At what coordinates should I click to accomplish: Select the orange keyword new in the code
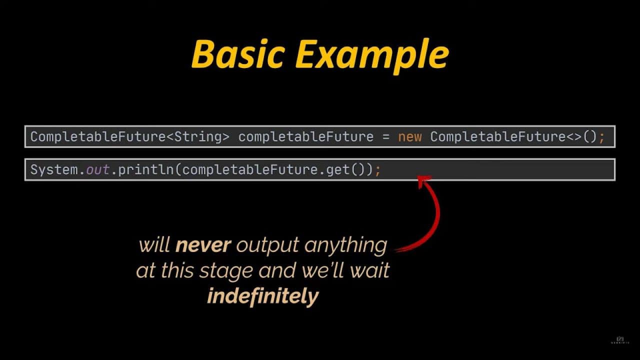[x=409, y=137]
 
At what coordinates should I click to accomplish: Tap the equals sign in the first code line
[x=385, y=137]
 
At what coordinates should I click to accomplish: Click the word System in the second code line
[x=54, y=169]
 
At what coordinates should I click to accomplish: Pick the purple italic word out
[x=97, y=170]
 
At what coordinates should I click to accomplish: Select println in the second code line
[x=145, y=170]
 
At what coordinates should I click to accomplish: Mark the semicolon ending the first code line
[x=601, y=137]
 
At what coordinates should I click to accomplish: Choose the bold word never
[x=203, y=245]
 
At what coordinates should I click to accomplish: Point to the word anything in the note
[x=345, y=245]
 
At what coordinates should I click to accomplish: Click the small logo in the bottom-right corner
[x=620, y=340]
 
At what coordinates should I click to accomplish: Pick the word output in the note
[x=267, y=245]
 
